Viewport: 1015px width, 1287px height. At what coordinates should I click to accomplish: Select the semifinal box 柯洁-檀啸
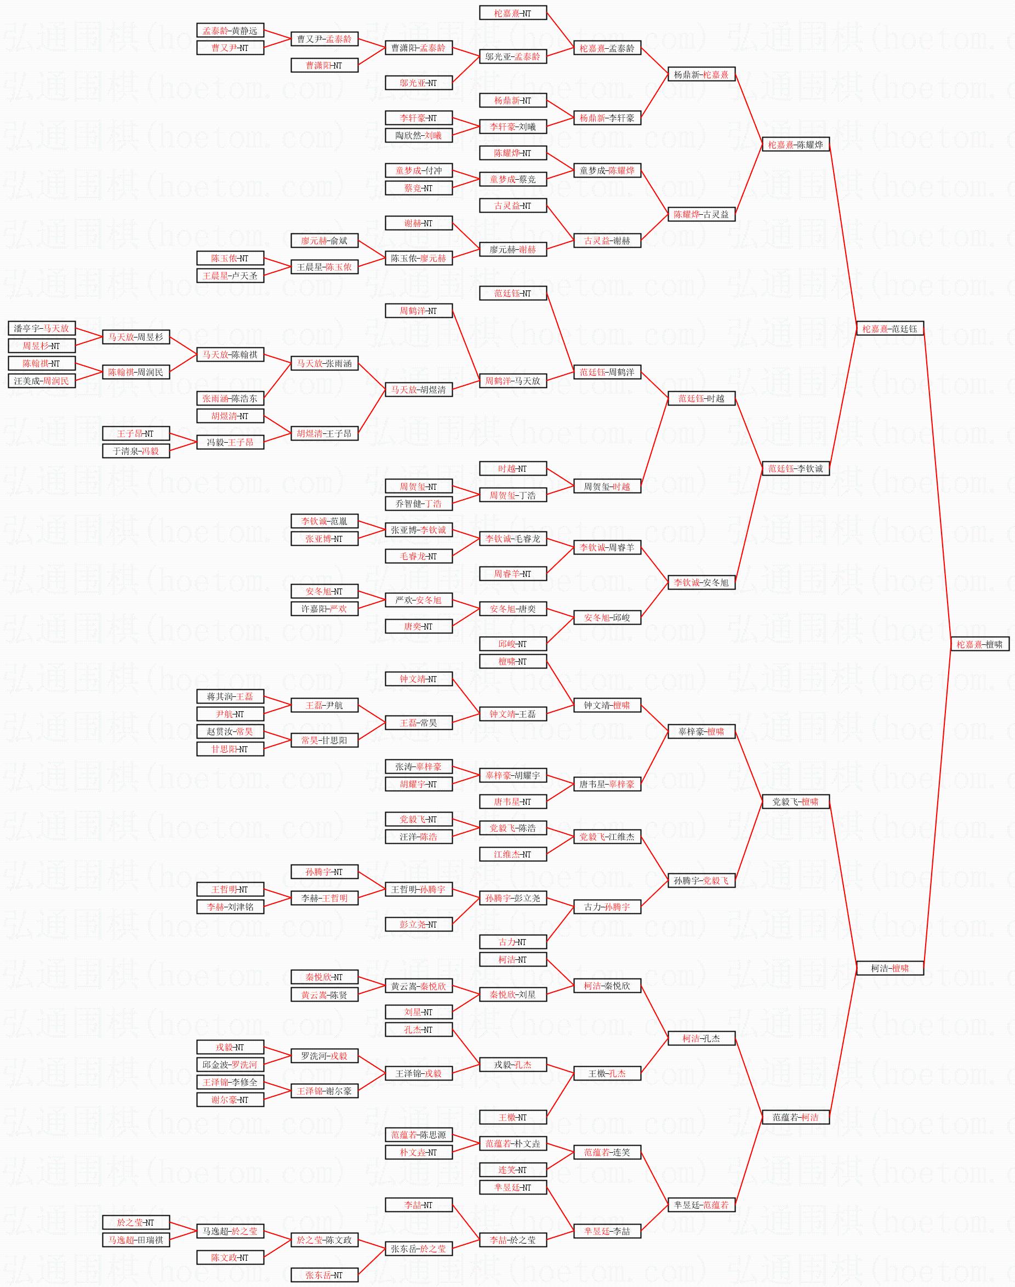tap(889, 968)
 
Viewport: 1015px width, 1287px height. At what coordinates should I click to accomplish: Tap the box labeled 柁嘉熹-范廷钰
tap(889, 329)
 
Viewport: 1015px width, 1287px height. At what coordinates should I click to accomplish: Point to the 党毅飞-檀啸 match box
tap(795, 802)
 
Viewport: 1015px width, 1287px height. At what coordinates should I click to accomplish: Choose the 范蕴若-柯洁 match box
tap(795, 1117)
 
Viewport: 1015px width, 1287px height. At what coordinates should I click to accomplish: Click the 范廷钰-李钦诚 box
tap(795, 469)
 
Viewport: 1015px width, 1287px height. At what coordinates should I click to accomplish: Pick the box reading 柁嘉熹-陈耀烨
tap(795, 145)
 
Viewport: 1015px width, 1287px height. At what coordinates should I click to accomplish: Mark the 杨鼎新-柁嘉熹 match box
tap(701, 75)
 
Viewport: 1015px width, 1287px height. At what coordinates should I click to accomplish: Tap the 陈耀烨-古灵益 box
tap(701, 215)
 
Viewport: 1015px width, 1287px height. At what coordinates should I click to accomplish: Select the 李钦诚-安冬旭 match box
tap(701, 583)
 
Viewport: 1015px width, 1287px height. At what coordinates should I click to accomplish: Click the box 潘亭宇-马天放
tap(42, 328)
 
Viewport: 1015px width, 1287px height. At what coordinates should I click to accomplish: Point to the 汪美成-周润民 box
tap(42, 381)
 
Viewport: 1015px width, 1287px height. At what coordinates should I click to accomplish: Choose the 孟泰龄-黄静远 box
tap(230, 30)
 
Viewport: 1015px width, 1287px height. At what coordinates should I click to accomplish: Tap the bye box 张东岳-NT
tap(324, 1275)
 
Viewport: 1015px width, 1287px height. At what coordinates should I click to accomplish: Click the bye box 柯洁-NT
tap(513, 959)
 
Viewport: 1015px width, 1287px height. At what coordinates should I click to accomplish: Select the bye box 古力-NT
tap(513, 942)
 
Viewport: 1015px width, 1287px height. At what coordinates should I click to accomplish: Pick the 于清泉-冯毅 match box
tap(136, 451)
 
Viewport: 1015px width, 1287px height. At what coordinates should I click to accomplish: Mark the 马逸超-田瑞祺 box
tap(136, 1240)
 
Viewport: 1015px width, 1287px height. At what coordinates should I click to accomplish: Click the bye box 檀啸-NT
tap(513, 661)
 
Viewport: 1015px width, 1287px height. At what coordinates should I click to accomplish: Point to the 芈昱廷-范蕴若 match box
tap(701, 1205)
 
